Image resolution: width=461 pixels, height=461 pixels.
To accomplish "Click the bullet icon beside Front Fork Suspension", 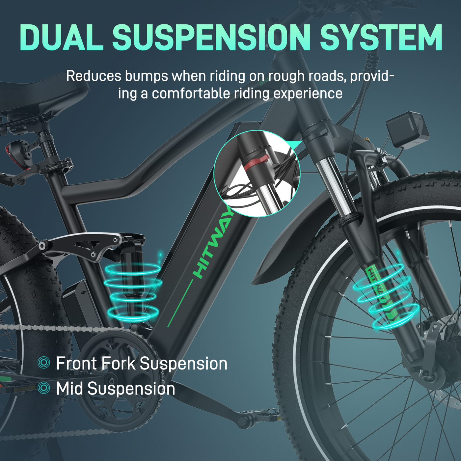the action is coord(44,363).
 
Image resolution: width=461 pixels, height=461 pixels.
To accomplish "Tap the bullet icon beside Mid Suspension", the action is coord(44,388).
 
